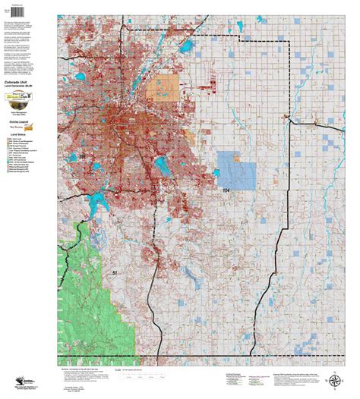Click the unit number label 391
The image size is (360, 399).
(83, 156)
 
